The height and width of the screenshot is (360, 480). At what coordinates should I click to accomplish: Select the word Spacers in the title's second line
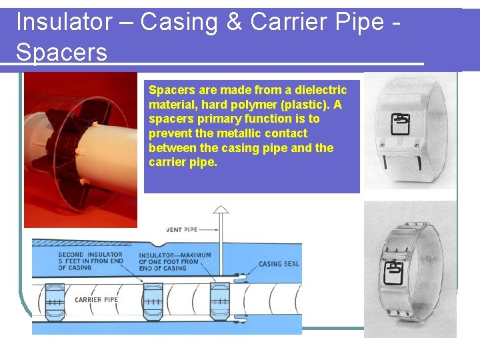pos(61,52)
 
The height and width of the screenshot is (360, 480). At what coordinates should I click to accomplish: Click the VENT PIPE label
pos(181,230)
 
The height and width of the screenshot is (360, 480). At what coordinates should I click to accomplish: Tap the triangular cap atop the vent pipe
pos(220,210)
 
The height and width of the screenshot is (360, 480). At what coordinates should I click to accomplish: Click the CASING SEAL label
pos(279,264)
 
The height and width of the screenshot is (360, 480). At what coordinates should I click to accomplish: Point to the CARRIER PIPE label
pos(97,300)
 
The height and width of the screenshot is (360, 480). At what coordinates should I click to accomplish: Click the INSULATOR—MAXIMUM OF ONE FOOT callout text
pos(175,261)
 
